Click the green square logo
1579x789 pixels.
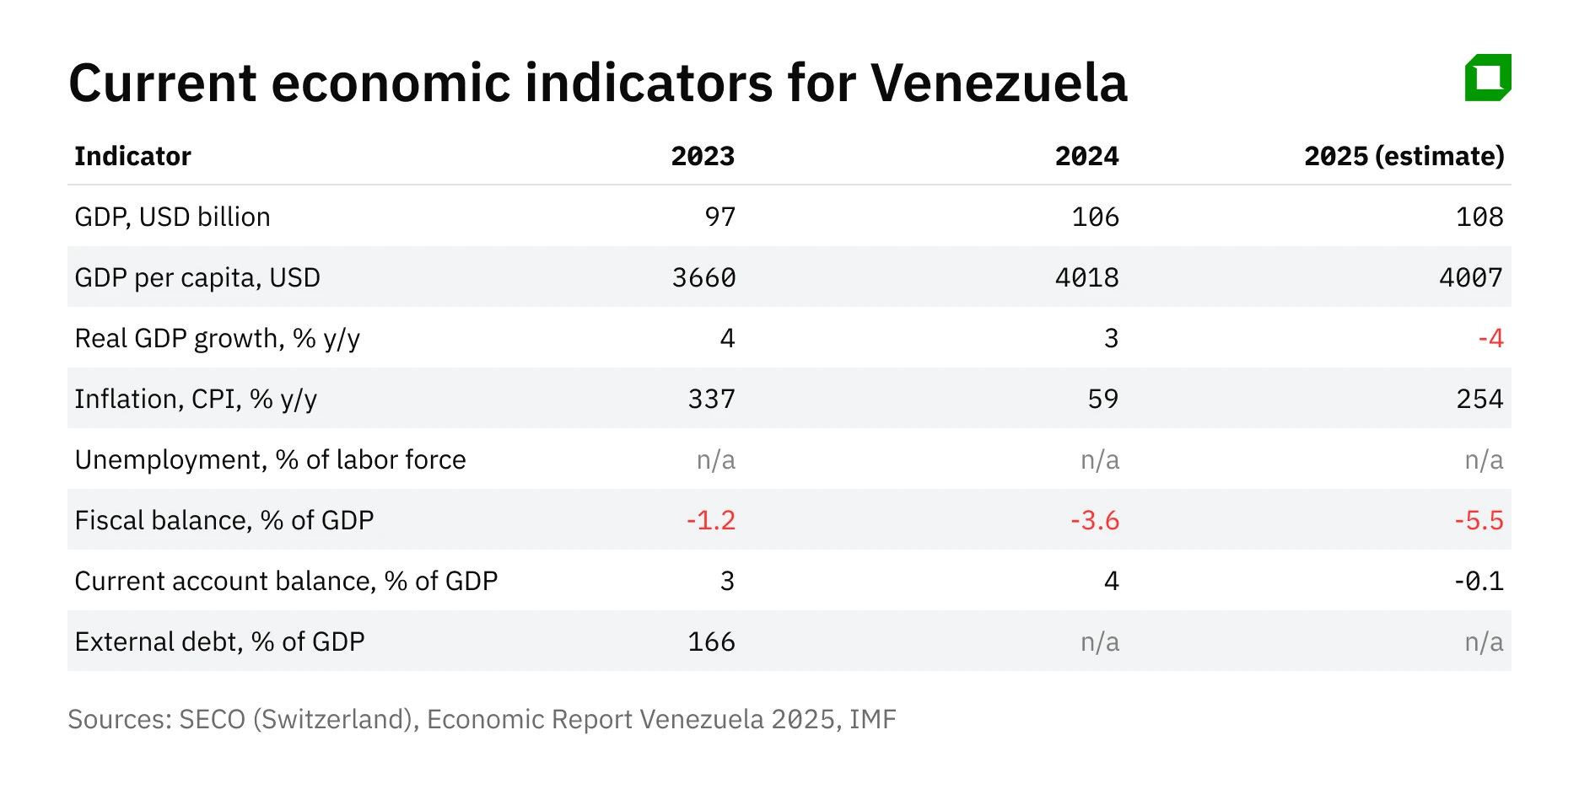pyautogui.click(x=1488, y=78)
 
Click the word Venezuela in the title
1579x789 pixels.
pyautogui.click(x=999, y=83)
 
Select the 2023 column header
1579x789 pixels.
pyautogui.click(x=703, y=156)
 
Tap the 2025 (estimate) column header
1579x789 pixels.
pyautogui.click(x=1404, y=156)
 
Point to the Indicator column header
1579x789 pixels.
pyautogui.click(x=132, y=156)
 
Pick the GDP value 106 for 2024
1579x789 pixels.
pyautogui.click(x=1095, y=217)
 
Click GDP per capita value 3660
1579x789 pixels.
pyautogui.click(x=703, y=277)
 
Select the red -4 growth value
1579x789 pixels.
pyautogui.click(x=1490, y=338)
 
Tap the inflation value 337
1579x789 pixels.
pyautogui.click(x=711, y=399)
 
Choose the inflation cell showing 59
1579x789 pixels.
pyautogui.click(x=1102, y=399)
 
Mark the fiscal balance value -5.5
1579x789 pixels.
pyautogui.click(x=1479, y=520)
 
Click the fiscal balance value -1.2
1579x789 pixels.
pyautogui.click(x=710, y=520)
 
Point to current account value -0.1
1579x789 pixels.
pyautogui.click(x=1479, y=581)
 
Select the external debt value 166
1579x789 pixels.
pyautogui.click(x=711, y=641)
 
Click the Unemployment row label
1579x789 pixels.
pyautogui.click(x=270, y=459)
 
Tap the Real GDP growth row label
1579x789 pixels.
pyautogui.click(x=217, y=338)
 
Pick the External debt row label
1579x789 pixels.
pyautogui.click(x=219, y=641)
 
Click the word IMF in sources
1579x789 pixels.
pyautogui.click(x=872, y=719)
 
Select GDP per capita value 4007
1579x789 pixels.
pyautogui.click(x=1470, y=277)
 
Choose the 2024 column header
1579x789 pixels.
pyautogui.click(x=1086, y=156)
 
